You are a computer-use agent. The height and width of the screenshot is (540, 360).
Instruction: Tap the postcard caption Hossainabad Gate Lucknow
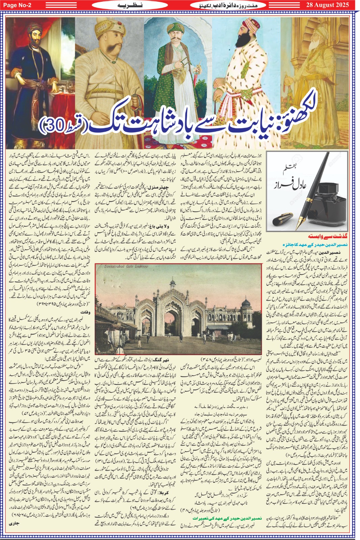point(122,266)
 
